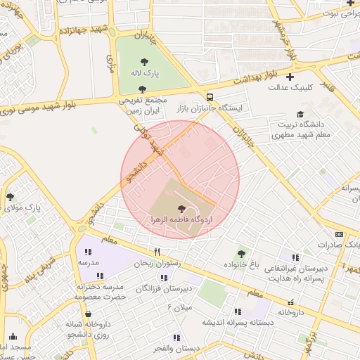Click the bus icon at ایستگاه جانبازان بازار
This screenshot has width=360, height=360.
[x=210, y=97]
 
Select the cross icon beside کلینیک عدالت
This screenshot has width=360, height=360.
[x=289, y=77]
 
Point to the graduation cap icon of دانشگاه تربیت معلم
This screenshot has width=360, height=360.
[x=300, y=114]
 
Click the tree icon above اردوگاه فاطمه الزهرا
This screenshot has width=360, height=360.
[x=182, y=209]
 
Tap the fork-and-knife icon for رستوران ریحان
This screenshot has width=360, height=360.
[x=157, y=252]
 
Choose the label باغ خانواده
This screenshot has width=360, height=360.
[x=242, y=265]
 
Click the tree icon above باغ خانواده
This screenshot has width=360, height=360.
[x=242, y=254]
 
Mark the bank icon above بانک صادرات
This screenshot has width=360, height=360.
[x=340, y=234]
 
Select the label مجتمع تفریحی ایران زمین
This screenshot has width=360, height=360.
[x=143, y=105]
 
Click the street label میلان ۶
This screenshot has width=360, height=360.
[x=180, y=307]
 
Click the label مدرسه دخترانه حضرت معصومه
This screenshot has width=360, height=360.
[x=100, y=292]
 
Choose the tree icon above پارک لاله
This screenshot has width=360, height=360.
[x=143, y=62]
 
